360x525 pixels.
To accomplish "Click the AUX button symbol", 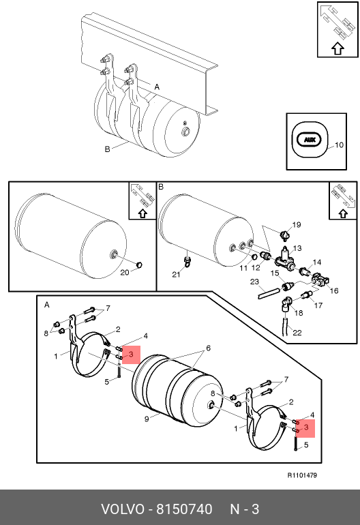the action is [x=310, y=140].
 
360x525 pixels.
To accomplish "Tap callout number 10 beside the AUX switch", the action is [x=339, y=145].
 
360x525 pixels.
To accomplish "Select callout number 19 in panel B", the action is [x=297, y=225].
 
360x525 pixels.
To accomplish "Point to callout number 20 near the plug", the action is [x=125, y=273].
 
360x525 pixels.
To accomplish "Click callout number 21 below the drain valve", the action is [x=176, y=275].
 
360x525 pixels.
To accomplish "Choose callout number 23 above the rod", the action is [x=254, y=282].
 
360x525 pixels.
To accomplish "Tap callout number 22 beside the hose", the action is [x=297, y=333].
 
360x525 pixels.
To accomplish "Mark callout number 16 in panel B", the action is [x=334, y=290].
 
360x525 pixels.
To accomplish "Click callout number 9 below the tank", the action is [x=147, y=419].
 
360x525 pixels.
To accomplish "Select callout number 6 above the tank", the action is [x=209, y=348].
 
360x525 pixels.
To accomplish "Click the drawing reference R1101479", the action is [x=302, y=475].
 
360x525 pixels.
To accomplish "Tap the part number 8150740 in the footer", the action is [x=185, y=509].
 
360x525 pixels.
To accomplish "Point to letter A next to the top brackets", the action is [x=157, y=87].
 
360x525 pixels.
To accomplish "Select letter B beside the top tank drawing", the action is [x=108, y=149].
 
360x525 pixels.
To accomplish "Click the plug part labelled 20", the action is [x=139, y=265].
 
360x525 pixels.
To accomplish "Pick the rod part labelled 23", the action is [x=268, y=292].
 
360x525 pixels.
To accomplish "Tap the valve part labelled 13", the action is [x=285, y=258].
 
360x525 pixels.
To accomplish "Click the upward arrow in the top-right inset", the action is [x=338, y=49].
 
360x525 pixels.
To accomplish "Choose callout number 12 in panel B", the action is [x=256, y=268].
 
